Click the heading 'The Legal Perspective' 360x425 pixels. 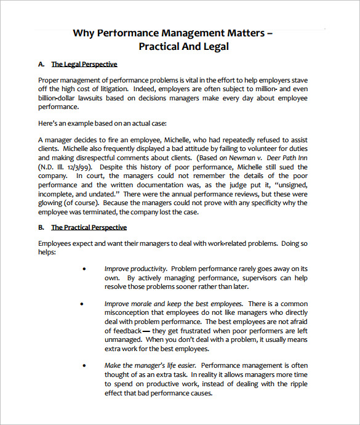(84, 64)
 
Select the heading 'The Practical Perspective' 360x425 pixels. (89, 227)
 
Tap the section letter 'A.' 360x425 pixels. (42, 64)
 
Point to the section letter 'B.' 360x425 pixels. (42, 227)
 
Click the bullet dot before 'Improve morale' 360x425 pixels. (83, 304)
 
